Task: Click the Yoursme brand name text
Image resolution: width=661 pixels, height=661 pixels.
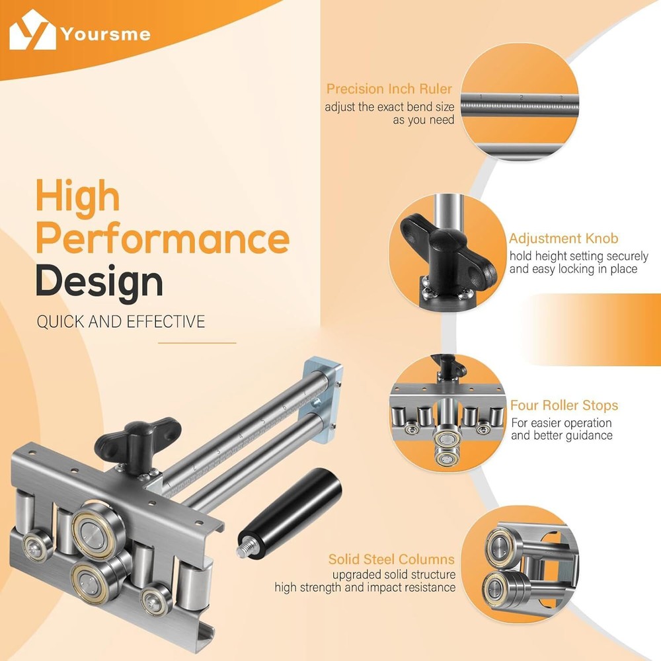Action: click(105, 34)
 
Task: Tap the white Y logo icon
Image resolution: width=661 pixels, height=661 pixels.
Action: click(32, 30)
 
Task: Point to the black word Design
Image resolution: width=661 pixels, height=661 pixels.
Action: click(99, 282)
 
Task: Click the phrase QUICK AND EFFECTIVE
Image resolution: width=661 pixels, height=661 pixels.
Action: click(121, 322)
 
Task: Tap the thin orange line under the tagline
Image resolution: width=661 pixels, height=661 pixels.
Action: click(197, 343)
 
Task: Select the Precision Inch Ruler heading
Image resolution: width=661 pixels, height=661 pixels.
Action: click(389, 89)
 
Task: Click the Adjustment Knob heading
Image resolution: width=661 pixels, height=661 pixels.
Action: click(564, 238)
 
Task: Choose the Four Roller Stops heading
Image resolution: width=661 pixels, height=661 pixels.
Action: click(564, 405)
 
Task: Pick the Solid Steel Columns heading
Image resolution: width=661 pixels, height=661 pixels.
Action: click(391, 559)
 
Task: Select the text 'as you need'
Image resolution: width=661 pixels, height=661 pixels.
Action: click(423, 120)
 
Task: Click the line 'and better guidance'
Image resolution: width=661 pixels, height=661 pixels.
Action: click(562, 435)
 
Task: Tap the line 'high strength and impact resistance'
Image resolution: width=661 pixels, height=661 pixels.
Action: click(365, 587)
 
